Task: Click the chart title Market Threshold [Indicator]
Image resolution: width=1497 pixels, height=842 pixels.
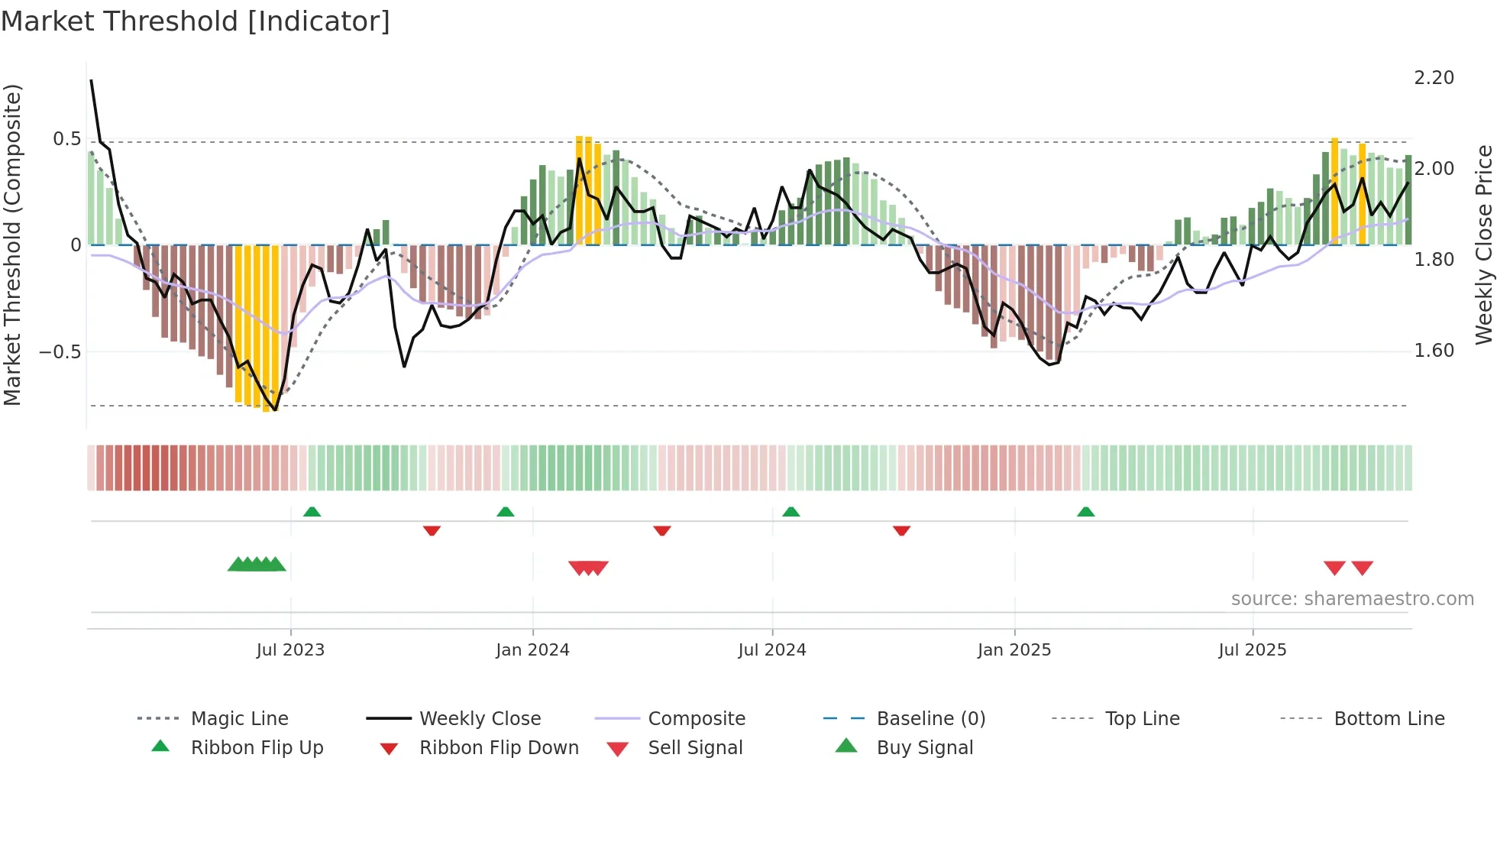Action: (196, 21)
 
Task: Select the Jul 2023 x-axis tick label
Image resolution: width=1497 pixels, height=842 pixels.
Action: (290, 650)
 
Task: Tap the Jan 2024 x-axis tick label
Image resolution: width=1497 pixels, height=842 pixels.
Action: (532, 650)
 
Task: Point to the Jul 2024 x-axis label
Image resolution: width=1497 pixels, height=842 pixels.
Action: (771, 650)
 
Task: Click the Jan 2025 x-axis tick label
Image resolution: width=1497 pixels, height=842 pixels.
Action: (1014, 650)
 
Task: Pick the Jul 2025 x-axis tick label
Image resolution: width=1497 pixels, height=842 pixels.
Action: (1252, 650)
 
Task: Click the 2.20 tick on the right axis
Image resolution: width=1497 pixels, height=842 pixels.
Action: (1434, 78)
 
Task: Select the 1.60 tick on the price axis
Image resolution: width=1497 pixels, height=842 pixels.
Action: (1434, 351)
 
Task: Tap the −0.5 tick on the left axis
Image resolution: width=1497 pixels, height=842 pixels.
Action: (60, 352)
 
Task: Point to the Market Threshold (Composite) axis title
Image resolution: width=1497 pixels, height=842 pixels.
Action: (12, 245)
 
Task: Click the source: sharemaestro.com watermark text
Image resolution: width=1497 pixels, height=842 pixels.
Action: (1352, 599)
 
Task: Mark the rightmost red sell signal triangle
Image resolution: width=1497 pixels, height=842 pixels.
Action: (1362, 568)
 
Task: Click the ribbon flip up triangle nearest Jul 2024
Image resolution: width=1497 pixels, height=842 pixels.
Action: (791, 512)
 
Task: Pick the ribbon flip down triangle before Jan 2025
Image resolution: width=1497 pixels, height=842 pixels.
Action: (901, 530)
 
